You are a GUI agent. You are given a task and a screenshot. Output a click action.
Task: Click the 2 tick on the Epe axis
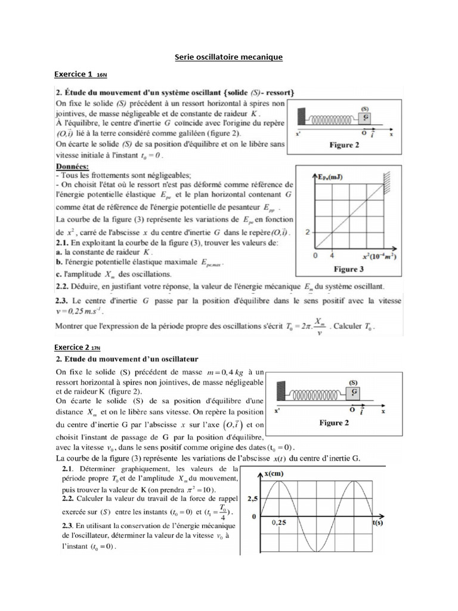[x=308, y=231]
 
